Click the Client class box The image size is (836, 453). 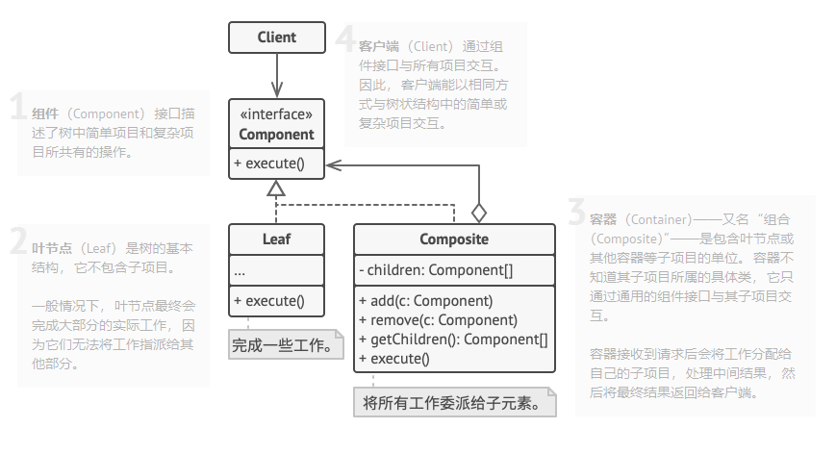pos(276,38)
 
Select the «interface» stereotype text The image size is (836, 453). pos(276,116)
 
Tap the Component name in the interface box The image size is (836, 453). pos(276,135)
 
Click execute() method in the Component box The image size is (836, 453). pos(268,163)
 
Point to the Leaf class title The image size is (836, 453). pos(276,239)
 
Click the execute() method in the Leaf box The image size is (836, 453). pos(268,301)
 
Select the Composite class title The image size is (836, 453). pos(454,239)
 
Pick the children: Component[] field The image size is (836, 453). pos(435,270)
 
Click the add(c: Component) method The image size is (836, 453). pos(425,300)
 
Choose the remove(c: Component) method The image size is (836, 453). pos(438,320)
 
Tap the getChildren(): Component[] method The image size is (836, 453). pos(452,340)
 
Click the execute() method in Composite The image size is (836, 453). pos(393,360)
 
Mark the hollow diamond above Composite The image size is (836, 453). pos(478,212)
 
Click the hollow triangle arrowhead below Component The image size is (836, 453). pos(276,188)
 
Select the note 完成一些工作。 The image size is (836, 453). pos(286,343)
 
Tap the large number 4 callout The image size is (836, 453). pos(346,39)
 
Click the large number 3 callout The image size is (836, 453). pos(577,212)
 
